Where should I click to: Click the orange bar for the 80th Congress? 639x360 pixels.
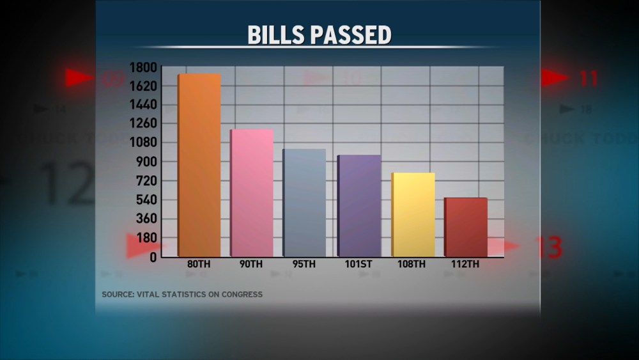(199, 165)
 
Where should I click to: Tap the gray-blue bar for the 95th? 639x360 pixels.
(304, 203)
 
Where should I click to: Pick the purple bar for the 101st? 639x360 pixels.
(359, 206)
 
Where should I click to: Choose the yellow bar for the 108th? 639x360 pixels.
(413, 215)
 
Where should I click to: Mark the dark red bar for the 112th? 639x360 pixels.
(466, 227)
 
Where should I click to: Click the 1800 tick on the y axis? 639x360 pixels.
(143, 68)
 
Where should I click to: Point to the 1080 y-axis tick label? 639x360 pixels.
(143, 143)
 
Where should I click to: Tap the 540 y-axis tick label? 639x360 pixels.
(146, 200)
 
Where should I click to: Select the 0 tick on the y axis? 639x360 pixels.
(153, 257)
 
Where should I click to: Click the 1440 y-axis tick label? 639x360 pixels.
(143, 105)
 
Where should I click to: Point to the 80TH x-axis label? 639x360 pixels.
(199, 264)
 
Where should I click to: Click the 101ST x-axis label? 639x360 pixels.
(358, 264)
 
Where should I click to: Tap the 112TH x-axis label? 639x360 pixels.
(466, 264)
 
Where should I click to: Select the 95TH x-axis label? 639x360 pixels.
(304, 264)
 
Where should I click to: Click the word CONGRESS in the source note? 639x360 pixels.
(239, 295)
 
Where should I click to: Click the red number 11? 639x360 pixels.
(589, 79)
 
